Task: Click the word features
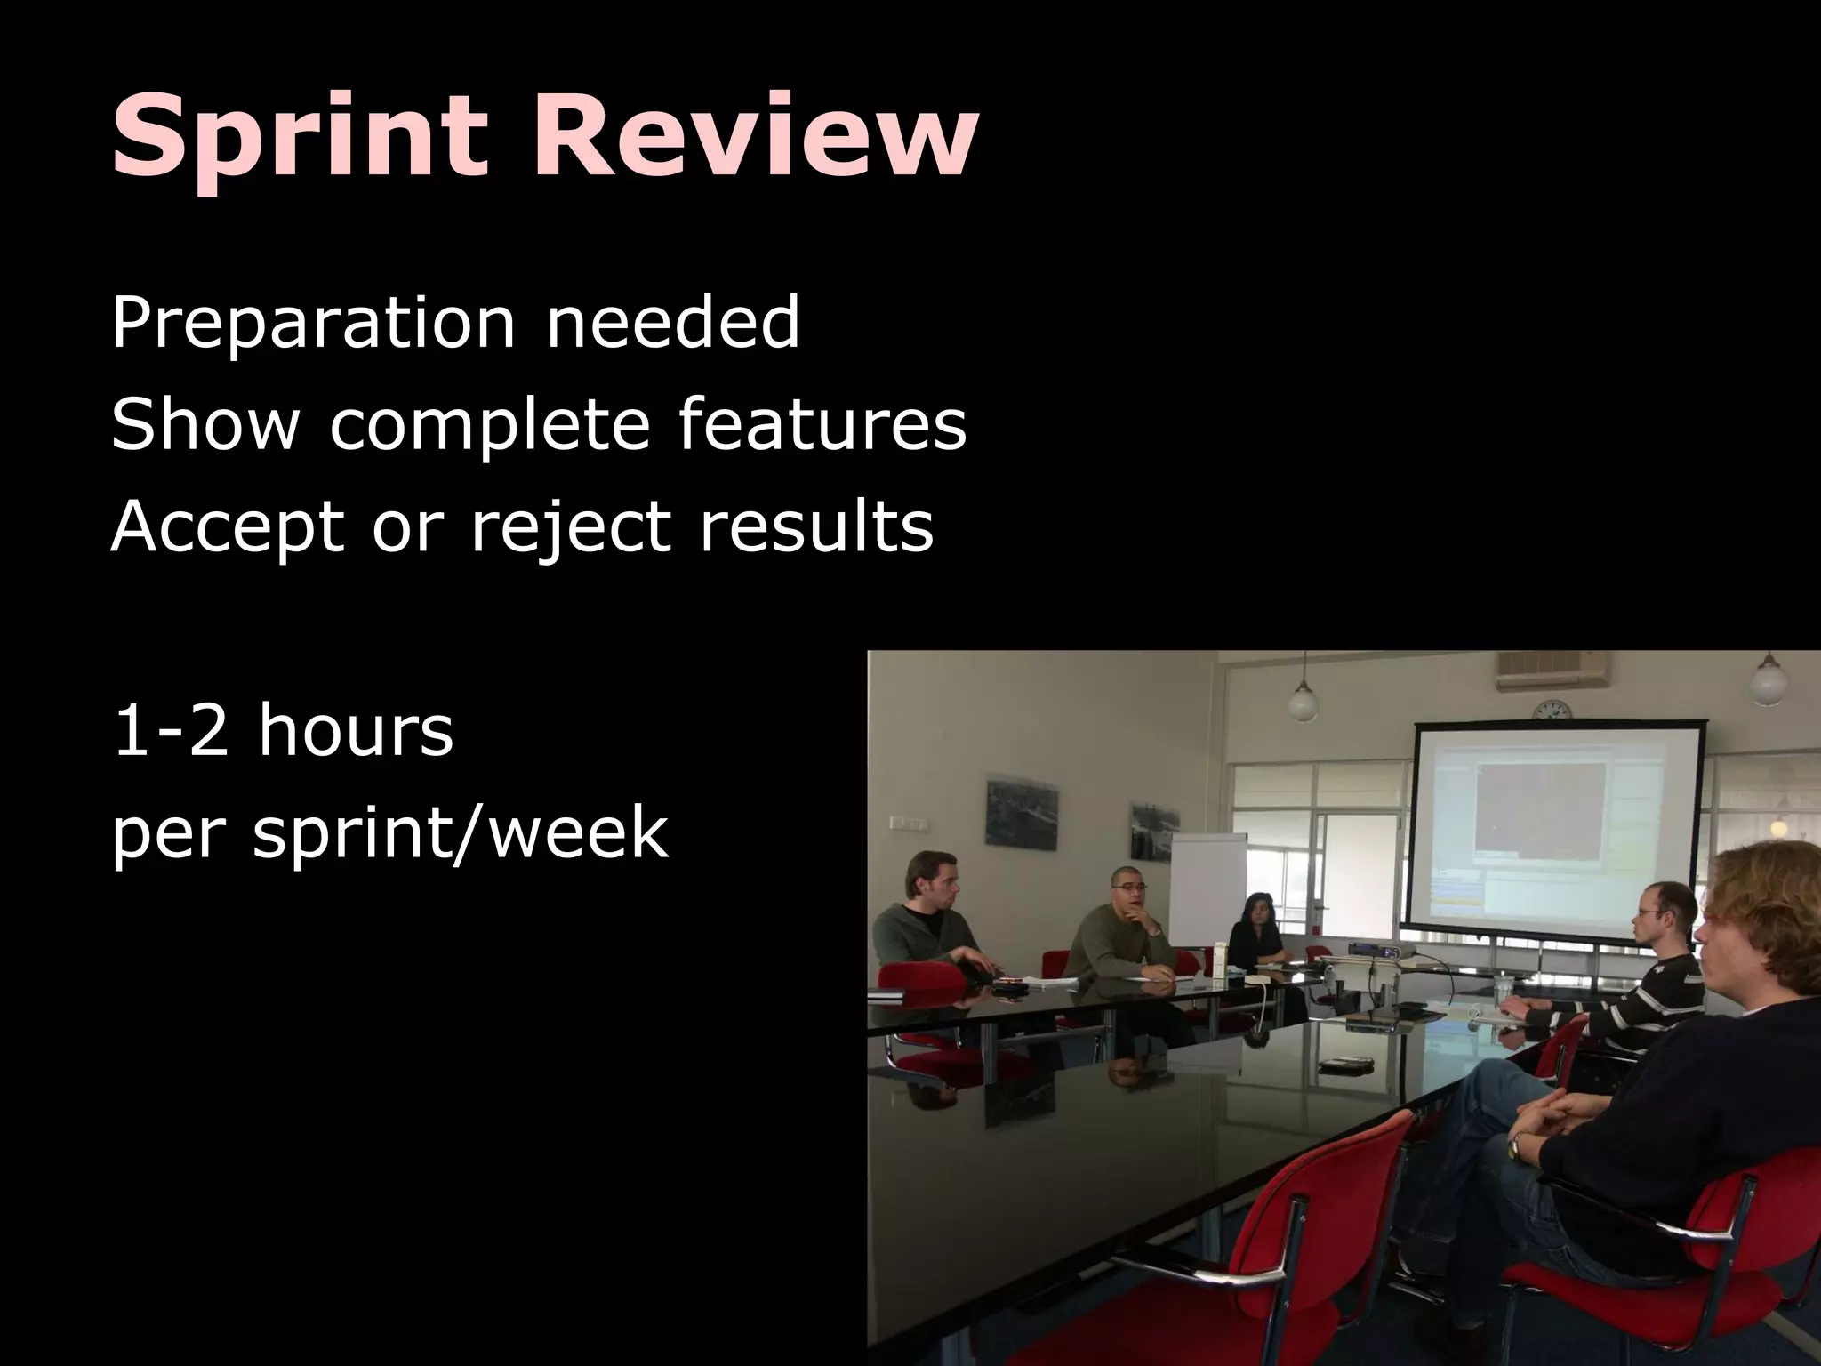pos(822,425)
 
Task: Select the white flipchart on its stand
pos(1207,889)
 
